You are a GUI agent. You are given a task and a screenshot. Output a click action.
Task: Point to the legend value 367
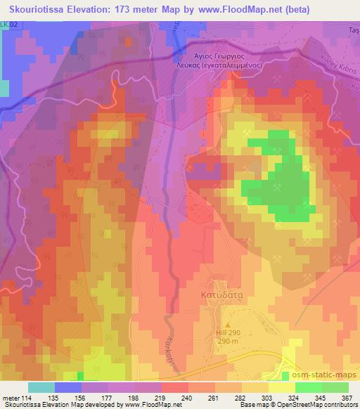(x=347, y=397)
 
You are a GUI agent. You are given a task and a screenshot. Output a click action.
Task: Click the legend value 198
(x=124, y=397)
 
